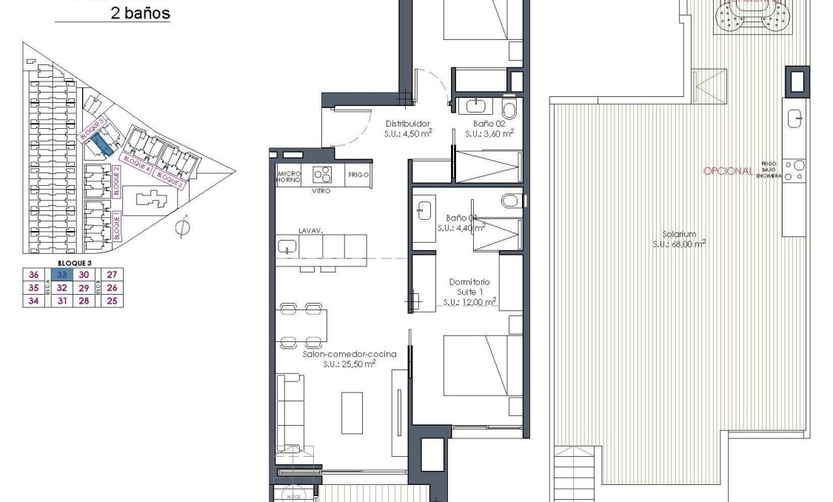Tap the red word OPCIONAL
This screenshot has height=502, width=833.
coord(729,171)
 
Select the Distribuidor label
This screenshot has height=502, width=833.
coord(407,124)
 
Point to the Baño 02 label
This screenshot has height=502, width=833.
coord(489,124)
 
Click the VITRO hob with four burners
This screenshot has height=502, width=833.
coord(322,175)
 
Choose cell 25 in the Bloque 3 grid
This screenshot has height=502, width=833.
coord(113,301)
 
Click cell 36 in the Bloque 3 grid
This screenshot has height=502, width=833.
coord(33,274)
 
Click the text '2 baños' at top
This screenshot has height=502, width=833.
coord(139,13)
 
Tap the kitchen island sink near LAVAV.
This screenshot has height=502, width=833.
coord(287,247)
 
